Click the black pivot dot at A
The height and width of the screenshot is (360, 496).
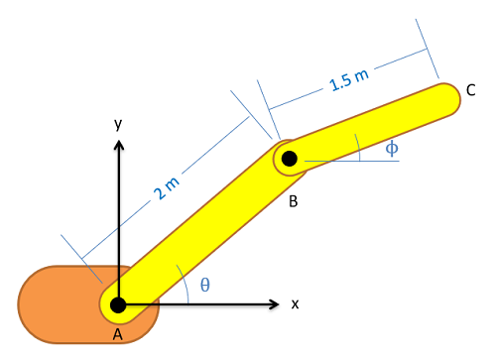coord(118,304)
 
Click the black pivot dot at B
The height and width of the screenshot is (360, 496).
coord(290,159)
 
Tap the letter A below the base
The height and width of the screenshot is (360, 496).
coord(118,334)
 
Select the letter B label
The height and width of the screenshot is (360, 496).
coord(294,201)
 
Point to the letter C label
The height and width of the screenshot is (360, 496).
coord(471,90)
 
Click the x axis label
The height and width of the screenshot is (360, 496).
coord(295,304)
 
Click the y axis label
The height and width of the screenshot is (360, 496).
coord(118,124)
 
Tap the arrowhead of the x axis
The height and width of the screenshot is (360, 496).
coord(275,304)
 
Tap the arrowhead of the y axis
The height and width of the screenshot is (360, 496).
coord(119,145)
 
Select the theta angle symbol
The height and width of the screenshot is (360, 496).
coord(205,285)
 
